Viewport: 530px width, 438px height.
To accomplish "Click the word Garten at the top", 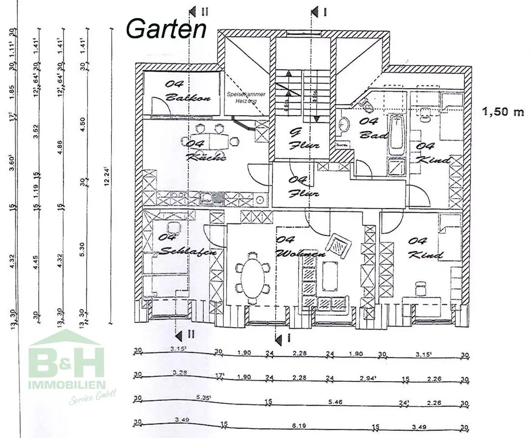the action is point(166,28).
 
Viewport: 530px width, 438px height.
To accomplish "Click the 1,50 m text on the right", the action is point(503,112).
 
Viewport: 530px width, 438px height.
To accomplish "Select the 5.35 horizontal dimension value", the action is point(205,397).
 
